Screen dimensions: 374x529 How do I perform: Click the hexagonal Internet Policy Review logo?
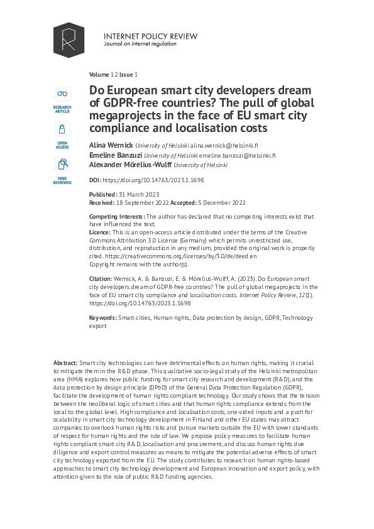69,40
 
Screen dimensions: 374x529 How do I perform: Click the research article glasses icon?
62,94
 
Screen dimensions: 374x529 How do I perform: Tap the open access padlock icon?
62,130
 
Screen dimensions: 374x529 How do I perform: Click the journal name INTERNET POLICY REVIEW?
150,36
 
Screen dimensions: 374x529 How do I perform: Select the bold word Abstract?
65,363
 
